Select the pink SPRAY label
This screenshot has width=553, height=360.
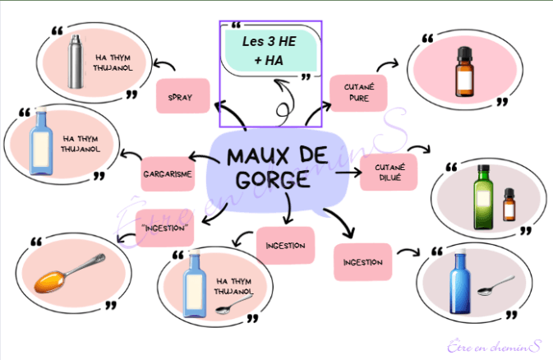(179, 97)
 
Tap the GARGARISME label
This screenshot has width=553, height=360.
(168, 173)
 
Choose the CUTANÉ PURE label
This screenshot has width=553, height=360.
(358, 94)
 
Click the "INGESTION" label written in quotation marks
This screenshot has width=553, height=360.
(165, 227)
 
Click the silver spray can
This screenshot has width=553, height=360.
(75, 63)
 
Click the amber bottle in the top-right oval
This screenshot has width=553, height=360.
(467, 72)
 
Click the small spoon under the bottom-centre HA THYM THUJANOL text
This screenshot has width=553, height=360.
(224, 308)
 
